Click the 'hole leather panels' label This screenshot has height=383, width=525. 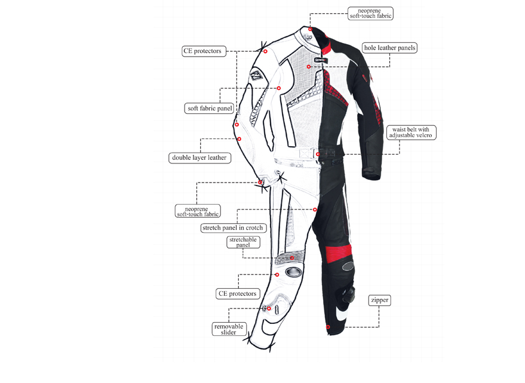(389, 48)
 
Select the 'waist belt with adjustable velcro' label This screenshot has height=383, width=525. (411, 132)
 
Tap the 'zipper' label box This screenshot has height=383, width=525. (380, 300)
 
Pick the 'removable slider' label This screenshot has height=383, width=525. (229, 329)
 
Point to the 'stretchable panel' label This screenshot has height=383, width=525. (243, 242)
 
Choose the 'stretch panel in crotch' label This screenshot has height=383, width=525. (233, 228)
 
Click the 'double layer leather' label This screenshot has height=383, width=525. (199, 158)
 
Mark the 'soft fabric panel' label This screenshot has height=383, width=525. (209, 109)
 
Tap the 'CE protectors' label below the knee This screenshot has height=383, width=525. (238, 294)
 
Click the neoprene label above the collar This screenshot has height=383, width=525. (370, 13)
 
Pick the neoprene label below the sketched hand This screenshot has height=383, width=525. (198, 211)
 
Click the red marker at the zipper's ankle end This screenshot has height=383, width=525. (328, 327)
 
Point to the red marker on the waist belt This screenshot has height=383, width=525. (318, 154)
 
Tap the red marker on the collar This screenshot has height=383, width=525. (311, 29)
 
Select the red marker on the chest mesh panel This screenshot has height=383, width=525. (309, 67)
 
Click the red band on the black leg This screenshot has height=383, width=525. (335, 252)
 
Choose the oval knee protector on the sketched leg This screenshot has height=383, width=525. (293, 271)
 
